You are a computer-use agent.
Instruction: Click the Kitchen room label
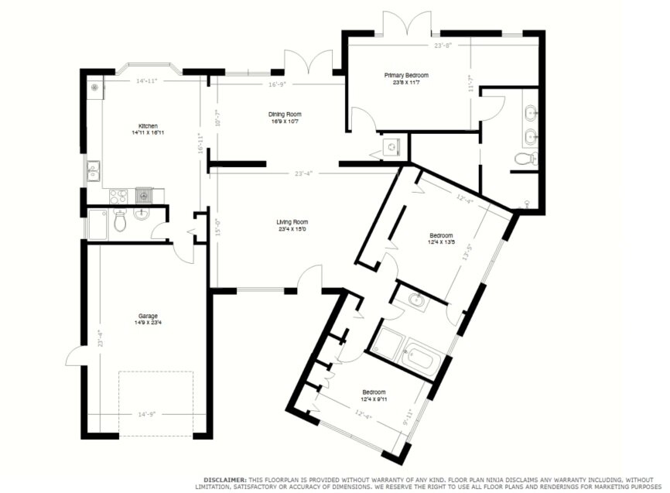click(148, 126)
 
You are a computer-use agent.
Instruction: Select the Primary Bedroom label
click(406, 75)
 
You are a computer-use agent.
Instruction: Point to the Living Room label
click(292, 223)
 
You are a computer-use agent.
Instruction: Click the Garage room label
click(148, 316)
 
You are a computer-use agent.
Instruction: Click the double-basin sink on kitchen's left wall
click(94, 169)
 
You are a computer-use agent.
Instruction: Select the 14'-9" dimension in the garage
click(147, 414)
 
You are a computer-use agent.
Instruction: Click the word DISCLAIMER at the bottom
click(225, 480)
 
